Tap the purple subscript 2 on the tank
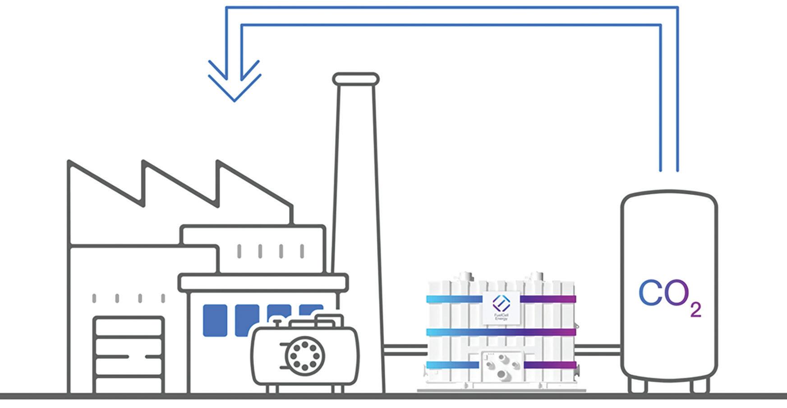(695, 310)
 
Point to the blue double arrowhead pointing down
(235, 81)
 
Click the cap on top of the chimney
(356, 79)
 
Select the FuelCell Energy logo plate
(501, 307)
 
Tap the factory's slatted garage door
(129, 354)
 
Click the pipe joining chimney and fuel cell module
(405, 350)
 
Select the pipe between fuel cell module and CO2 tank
(598, 350)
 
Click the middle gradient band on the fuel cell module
(501, 332)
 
